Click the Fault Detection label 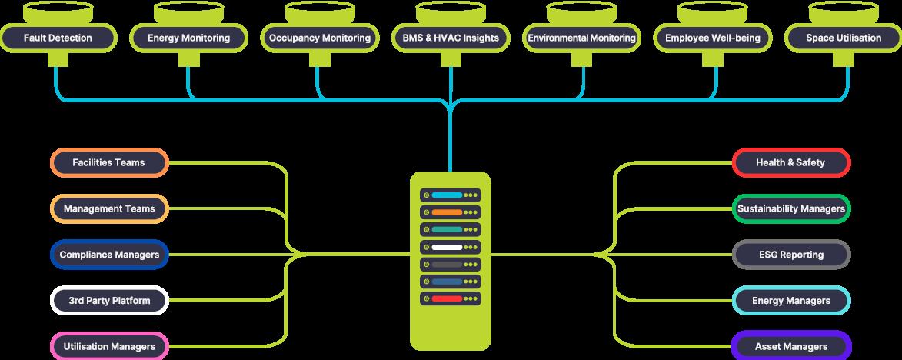[58, 38]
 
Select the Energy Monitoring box [188, 38]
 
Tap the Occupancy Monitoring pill [320, 38]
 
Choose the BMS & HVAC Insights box [451, 38]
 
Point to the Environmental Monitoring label [581, 38]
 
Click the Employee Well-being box [712, 38]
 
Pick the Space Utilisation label [844, 38]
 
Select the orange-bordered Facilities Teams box [108, 163]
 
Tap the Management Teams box [108, 208]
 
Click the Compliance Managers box [108, 255]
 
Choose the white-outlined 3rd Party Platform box [108, 300]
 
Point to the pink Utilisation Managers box [108, 346]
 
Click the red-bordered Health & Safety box [790, 163]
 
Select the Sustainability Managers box [790, 208]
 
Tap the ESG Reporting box [790, 255]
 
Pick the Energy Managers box [790, 301]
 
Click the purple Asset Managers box [790, 346]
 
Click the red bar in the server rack [447, 298]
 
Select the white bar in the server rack [447, 247]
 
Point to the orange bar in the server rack [447, 212]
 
